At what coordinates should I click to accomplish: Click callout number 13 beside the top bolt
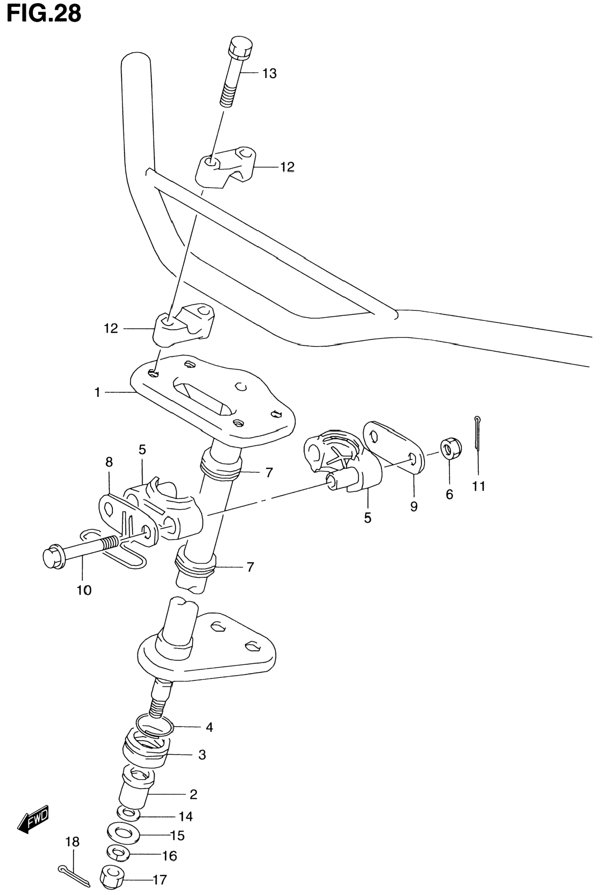tap(270, 73)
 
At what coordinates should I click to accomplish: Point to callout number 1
tap(97, 392)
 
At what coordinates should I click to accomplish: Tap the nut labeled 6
tap(451, 447)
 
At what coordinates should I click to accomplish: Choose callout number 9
tap(413, 507)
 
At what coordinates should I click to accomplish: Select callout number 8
tap(109, 462)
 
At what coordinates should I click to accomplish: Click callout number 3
tap(202, 755)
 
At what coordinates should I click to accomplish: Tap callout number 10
tap(84, 590)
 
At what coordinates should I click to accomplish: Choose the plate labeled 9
tap(393, 447)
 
